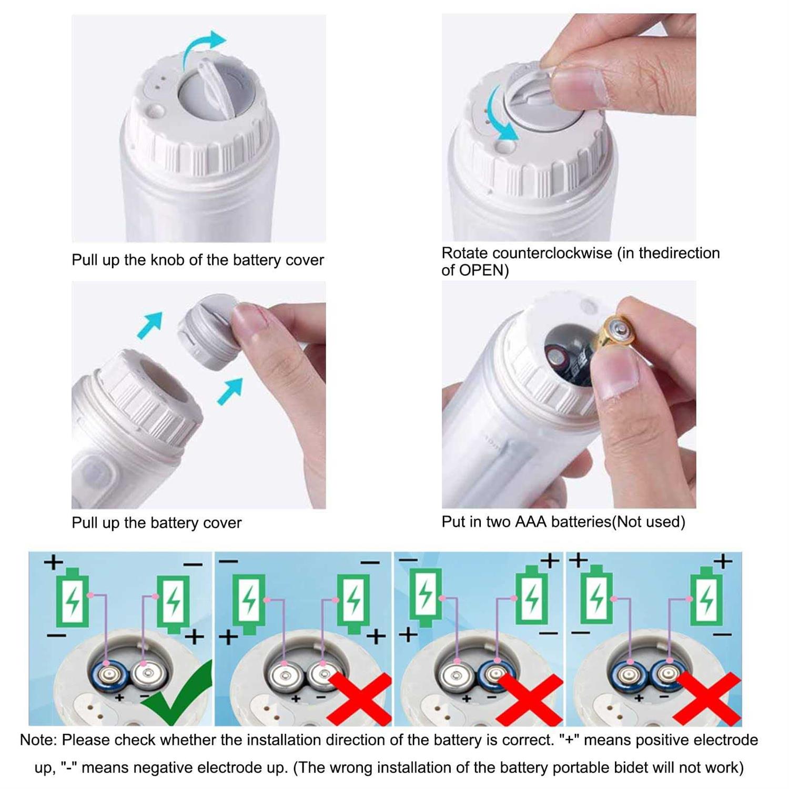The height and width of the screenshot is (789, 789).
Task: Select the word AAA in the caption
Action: pyautogui.click(x=531, y=522)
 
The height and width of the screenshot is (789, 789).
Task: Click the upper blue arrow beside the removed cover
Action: pyautogui.click(x=149, y=325)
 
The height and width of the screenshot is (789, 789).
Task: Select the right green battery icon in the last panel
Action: pyautogui.click(x=706, y=598)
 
